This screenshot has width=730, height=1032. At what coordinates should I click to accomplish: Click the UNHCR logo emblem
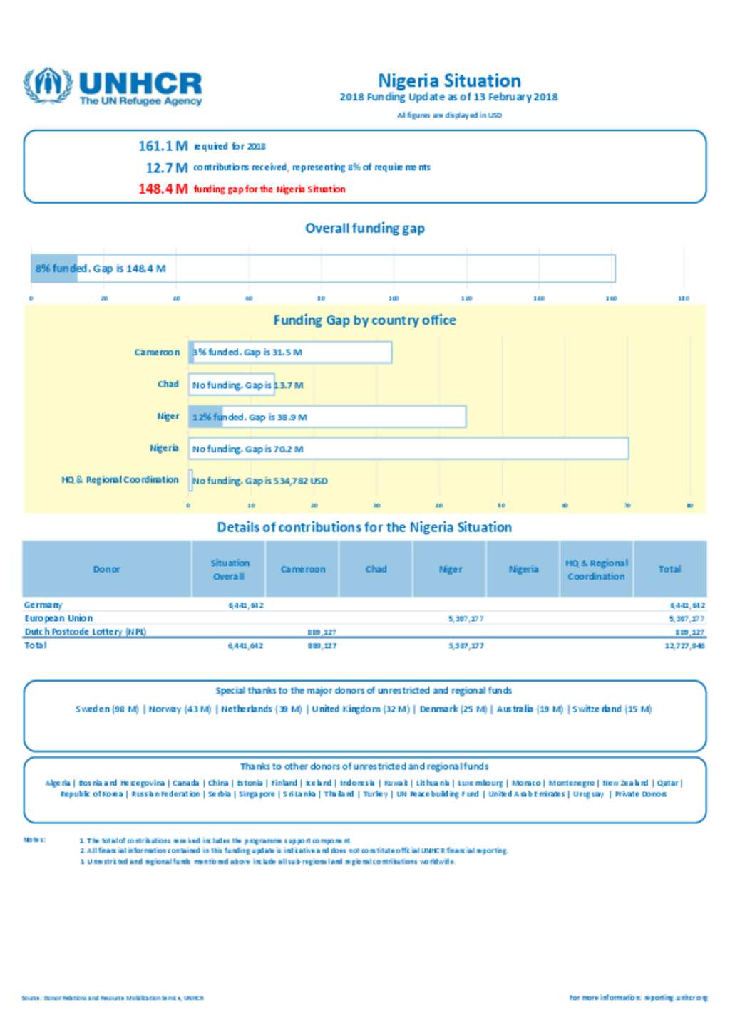[x=48, y=85]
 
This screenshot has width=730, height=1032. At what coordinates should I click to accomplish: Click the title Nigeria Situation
[x=449, y=80]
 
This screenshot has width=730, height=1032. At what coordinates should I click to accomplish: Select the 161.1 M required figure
[x=163, y=146]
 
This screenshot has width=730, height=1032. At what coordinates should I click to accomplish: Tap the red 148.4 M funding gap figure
[x=163, y=189]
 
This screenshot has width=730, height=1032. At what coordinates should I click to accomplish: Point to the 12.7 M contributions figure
[x=167, y=168]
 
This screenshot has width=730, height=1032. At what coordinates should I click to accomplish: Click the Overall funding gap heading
[x=365, y=229]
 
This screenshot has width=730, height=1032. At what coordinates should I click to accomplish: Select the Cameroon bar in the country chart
[x=290, y=353]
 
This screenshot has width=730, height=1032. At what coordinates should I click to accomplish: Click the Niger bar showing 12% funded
[x=327, y=417]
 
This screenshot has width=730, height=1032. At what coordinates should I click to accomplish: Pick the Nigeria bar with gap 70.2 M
[x=408, y=449]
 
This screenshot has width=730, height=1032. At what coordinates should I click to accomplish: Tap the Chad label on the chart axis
[x=168, y=385]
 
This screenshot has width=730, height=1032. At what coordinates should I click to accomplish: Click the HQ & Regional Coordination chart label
[x=120, y=480]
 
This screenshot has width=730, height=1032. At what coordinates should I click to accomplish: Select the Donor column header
[x=107, y=569]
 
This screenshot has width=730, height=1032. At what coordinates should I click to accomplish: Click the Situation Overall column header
[x=229, y=569]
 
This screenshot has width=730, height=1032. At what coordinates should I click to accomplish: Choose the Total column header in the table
[x=669, y=569]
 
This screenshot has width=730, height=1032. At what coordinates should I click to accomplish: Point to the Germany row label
[x=43, y=605]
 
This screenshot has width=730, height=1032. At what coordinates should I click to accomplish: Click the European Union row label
[x=58, y=618]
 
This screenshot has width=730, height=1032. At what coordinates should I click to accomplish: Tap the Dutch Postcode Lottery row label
[x=85, y=632]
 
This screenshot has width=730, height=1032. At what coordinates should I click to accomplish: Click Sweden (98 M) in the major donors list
[x=107, y=709]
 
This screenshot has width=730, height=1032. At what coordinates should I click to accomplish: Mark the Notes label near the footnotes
[x=34, y=840]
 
